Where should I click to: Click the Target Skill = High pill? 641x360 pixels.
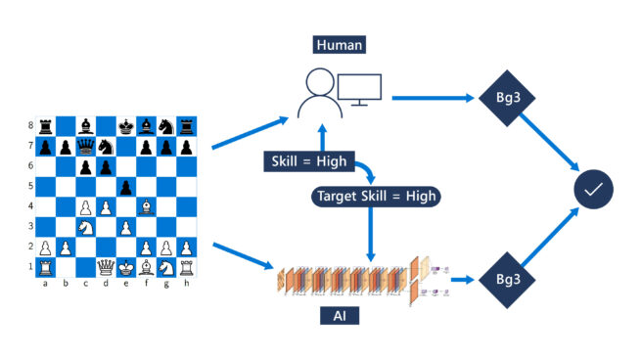click(376, 196)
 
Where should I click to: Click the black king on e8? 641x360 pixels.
click(126, 126)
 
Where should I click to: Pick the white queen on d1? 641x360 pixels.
click(106, 268)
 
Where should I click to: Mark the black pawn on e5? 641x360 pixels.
click(126, 187)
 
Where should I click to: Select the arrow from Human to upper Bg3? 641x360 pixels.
click(430, 97)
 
